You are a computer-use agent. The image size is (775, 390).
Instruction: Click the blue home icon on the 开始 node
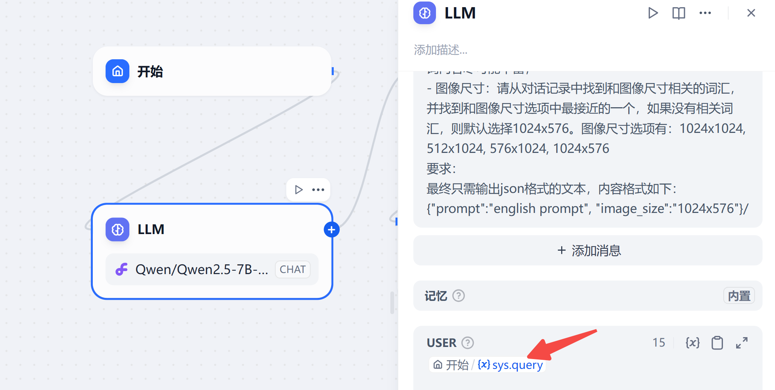point(117,71)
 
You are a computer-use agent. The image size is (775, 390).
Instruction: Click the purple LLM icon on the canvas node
point(117,230)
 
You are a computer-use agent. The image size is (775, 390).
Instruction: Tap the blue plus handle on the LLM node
point(331,230)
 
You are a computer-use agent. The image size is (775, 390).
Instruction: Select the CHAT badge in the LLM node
point(293,270)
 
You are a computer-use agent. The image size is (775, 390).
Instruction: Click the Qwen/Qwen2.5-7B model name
point(202,270)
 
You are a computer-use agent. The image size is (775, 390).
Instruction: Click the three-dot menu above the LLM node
point(318,190)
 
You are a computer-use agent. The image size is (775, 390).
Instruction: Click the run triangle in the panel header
point(653,13)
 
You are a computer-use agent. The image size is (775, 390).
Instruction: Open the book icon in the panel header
point(678,13)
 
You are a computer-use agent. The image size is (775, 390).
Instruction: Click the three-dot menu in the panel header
point(705,13)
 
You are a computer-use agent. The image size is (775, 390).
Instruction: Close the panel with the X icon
point(751,13)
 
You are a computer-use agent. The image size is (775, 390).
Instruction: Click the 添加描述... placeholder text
point(440,50)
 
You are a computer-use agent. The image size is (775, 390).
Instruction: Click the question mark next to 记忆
point(459,296)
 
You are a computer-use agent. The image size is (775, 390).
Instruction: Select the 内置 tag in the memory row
point(739,296)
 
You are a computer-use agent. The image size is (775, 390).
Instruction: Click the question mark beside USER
point(468,343)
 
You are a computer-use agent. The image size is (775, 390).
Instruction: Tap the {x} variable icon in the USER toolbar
point(692,343)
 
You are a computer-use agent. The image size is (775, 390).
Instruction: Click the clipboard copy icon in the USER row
point(717,343)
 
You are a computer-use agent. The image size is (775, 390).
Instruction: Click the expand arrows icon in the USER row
point(742,343)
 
